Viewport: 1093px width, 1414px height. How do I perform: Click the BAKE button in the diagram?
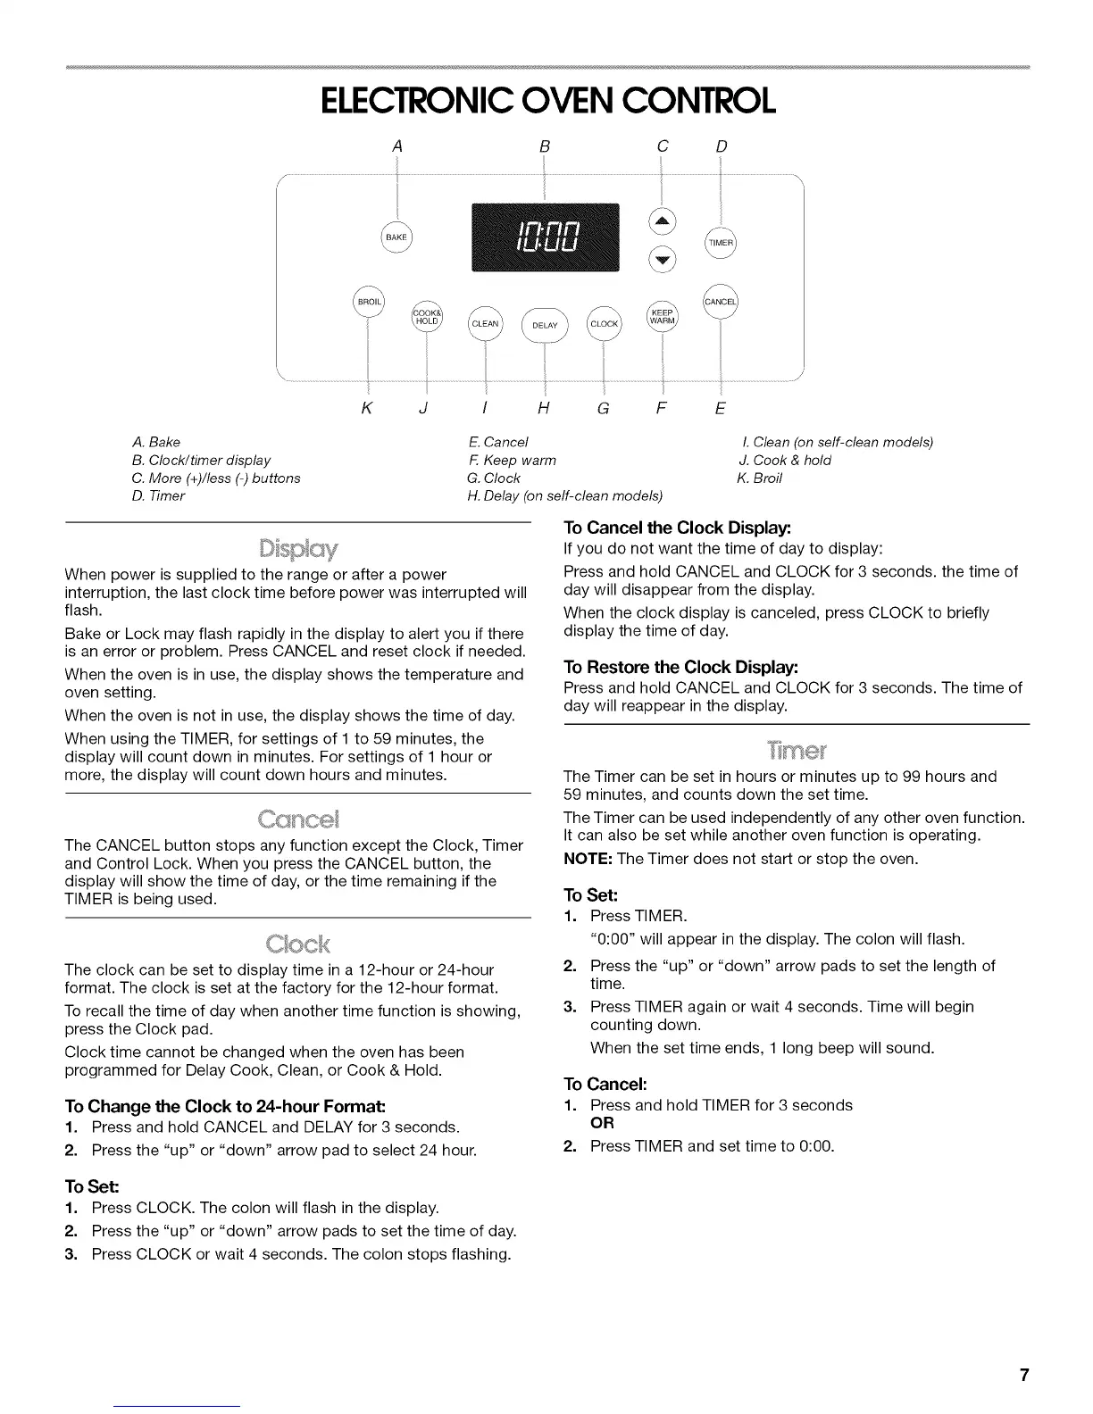(x=396, y=237)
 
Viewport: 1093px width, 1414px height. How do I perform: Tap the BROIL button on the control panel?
(x=369, y=303)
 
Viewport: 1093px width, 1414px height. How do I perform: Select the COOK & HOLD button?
(x=427, y=317)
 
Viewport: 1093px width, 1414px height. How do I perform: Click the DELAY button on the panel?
(x=545, y=325)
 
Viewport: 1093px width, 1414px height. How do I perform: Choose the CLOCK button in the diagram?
(x=604, y=323)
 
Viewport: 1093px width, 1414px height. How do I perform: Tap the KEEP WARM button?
(x=662, y=317)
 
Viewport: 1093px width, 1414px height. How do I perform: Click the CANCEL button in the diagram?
(x=721, y=302)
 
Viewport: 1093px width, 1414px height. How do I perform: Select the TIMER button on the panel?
(x=721, y=243)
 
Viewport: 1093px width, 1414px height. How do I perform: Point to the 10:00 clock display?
(x=545, y=237)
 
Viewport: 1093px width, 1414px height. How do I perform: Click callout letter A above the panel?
(x=398, y=146)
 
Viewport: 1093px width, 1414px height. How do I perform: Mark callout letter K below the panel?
(x=366, y=409)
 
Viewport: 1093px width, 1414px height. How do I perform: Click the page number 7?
(x=1025, y=1375)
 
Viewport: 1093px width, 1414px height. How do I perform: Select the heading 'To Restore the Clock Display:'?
(x=681, y=667)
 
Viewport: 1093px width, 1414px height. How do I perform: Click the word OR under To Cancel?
(x=602, y=1123)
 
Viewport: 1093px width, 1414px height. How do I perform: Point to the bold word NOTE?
(x=588, y=859)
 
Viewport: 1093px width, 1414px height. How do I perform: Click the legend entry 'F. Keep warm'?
(x=512, y=460)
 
